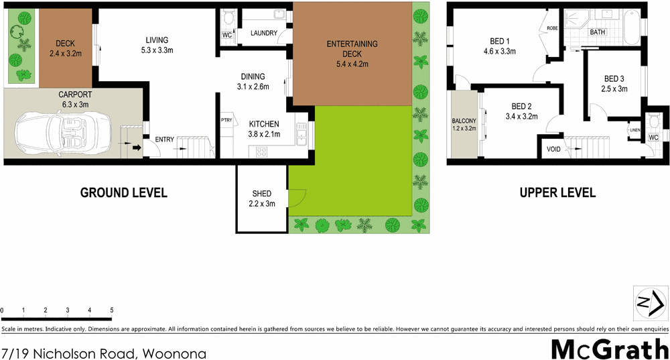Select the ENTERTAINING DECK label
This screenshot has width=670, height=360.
coord(352,44)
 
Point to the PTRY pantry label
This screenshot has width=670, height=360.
coord(226,121)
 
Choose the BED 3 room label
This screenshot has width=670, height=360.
coord(614,78)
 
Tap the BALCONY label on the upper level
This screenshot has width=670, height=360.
coord(464,121)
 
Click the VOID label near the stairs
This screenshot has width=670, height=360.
coord(553,149)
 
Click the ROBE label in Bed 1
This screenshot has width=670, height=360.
coord(552,28)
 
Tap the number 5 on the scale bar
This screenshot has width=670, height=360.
coord(111,310)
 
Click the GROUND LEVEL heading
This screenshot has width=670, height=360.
coord(123,193)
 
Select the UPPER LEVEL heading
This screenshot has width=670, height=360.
coord(557,193)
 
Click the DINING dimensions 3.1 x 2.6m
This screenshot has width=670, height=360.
coord(253,86)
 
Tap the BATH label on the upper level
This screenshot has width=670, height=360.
coord(597,32)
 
